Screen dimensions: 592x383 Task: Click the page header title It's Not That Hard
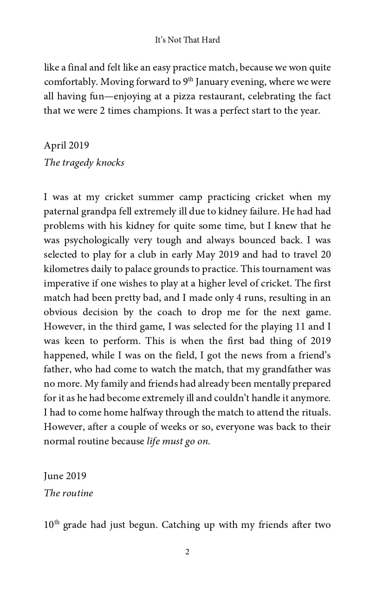[x=187, y=40]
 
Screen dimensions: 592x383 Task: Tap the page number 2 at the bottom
[x=187, y=552]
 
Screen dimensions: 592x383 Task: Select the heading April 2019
[x=66, y=145]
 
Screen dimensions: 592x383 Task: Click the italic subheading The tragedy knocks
[x=84, y=163]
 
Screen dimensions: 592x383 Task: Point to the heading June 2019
[x=65, y=476]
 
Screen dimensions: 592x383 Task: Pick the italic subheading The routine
[x=68, y=493]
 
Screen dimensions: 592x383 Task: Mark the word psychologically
[x=93, y=241]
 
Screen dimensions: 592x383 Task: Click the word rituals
[x=313, y=412]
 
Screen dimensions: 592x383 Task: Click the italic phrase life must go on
[x=178, y=441]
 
